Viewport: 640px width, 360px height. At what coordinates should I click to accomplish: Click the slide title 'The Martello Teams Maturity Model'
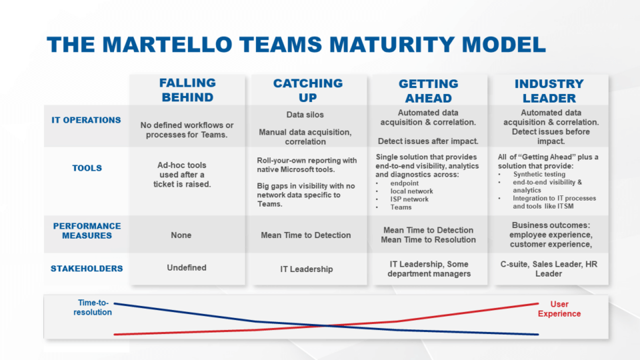pyautogui.click(x=296, y=44)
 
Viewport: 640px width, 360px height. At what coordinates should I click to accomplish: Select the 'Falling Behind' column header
pyautogui.click(x=187, y=90)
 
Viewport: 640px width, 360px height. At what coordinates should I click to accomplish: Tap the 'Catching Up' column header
pyautogui.click(x=307, y=90)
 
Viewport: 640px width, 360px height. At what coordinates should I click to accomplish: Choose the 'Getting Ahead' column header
pyautogui.click(x=428, y=90)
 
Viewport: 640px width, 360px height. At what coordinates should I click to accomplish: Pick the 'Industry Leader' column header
pyautogui.click(x=549, y=90)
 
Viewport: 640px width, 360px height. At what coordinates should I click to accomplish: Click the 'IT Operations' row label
pyautogui.click(x=87, y=121)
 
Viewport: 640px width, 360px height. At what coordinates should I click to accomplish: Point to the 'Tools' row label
pyautogui.click(x=87, y=169)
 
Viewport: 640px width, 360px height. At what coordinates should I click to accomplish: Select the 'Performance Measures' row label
pyautogui.click(x=87, y=231)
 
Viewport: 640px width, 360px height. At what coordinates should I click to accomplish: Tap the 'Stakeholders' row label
pyautogui.click(x=87, y=269)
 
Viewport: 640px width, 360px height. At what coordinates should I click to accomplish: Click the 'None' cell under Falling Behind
pyautogui.click(x=181, y=235)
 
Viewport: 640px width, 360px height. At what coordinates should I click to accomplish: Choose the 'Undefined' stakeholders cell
pyautogui.click(x=187, y=267)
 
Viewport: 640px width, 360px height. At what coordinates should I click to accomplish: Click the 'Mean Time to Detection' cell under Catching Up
pyautogui.click(x=305, y=235)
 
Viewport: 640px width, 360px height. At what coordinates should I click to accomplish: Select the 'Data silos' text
pyautogui.click(x=305, y=115)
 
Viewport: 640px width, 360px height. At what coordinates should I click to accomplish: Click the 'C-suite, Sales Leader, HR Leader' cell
pyautogui.click(x=549, y=269)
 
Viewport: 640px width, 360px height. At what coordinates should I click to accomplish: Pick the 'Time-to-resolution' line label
pyautogui.click(x=93, y=307)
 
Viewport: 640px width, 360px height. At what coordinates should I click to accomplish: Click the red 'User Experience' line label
pyautogui.click(x=559, y=309)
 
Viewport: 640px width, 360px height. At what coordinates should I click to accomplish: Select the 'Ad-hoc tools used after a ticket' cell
pyautogui.click(x=182, y=174)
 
